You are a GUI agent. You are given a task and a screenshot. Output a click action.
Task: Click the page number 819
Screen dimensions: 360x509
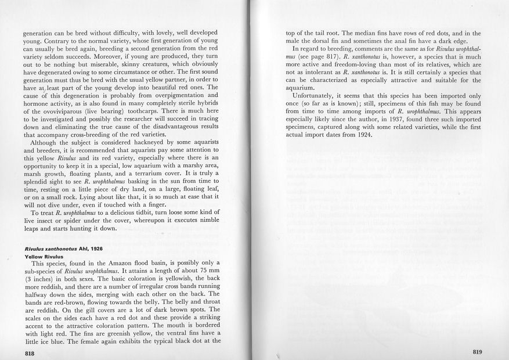477,351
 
